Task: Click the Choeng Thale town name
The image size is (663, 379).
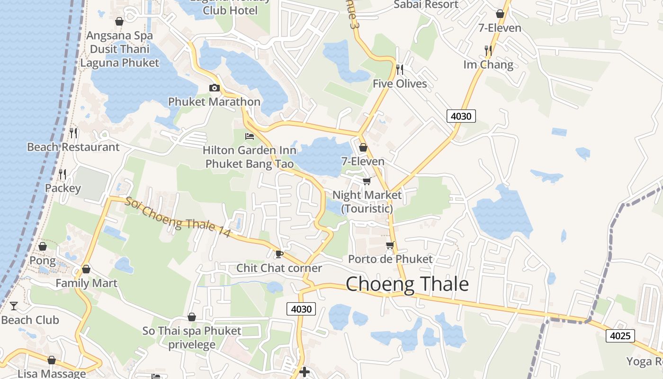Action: click(x=407, y=284)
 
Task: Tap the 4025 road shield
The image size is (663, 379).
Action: click(x=620, y=336)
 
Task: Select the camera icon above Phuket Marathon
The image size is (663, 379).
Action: click(x=214, y=88)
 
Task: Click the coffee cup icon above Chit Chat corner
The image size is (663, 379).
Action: click(x=279, y=254)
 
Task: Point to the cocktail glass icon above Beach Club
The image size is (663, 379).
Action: click(x=14, y=306)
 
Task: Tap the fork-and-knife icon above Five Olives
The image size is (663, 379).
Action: click(x=400, y=70)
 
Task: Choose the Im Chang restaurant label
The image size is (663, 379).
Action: click(x=488, y=64)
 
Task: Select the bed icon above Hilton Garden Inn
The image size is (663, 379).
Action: click(x=250, y=136)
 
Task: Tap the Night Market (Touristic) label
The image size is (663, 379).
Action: click(x=367, y=201)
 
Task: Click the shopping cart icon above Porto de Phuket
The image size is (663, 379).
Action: click(x=390, y=245)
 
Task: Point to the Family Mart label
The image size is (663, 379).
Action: click(x=86, y=283)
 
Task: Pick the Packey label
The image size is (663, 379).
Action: click(x=63, y=188)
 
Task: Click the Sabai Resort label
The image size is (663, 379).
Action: click(x=426, y=5)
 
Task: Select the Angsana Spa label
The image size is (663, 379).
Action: click(x=119, y=36)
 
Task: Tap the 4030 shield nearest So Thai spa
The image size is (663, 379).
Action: click(x=301, y=309)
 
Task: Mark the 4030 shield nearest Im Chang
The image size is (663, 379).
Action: click(x=461, y=116)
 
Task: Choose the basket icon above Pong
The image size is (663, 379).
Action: click(x=43, y=246)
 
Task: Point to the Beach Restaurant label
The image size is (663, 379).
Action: click(x=73, y=147)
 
